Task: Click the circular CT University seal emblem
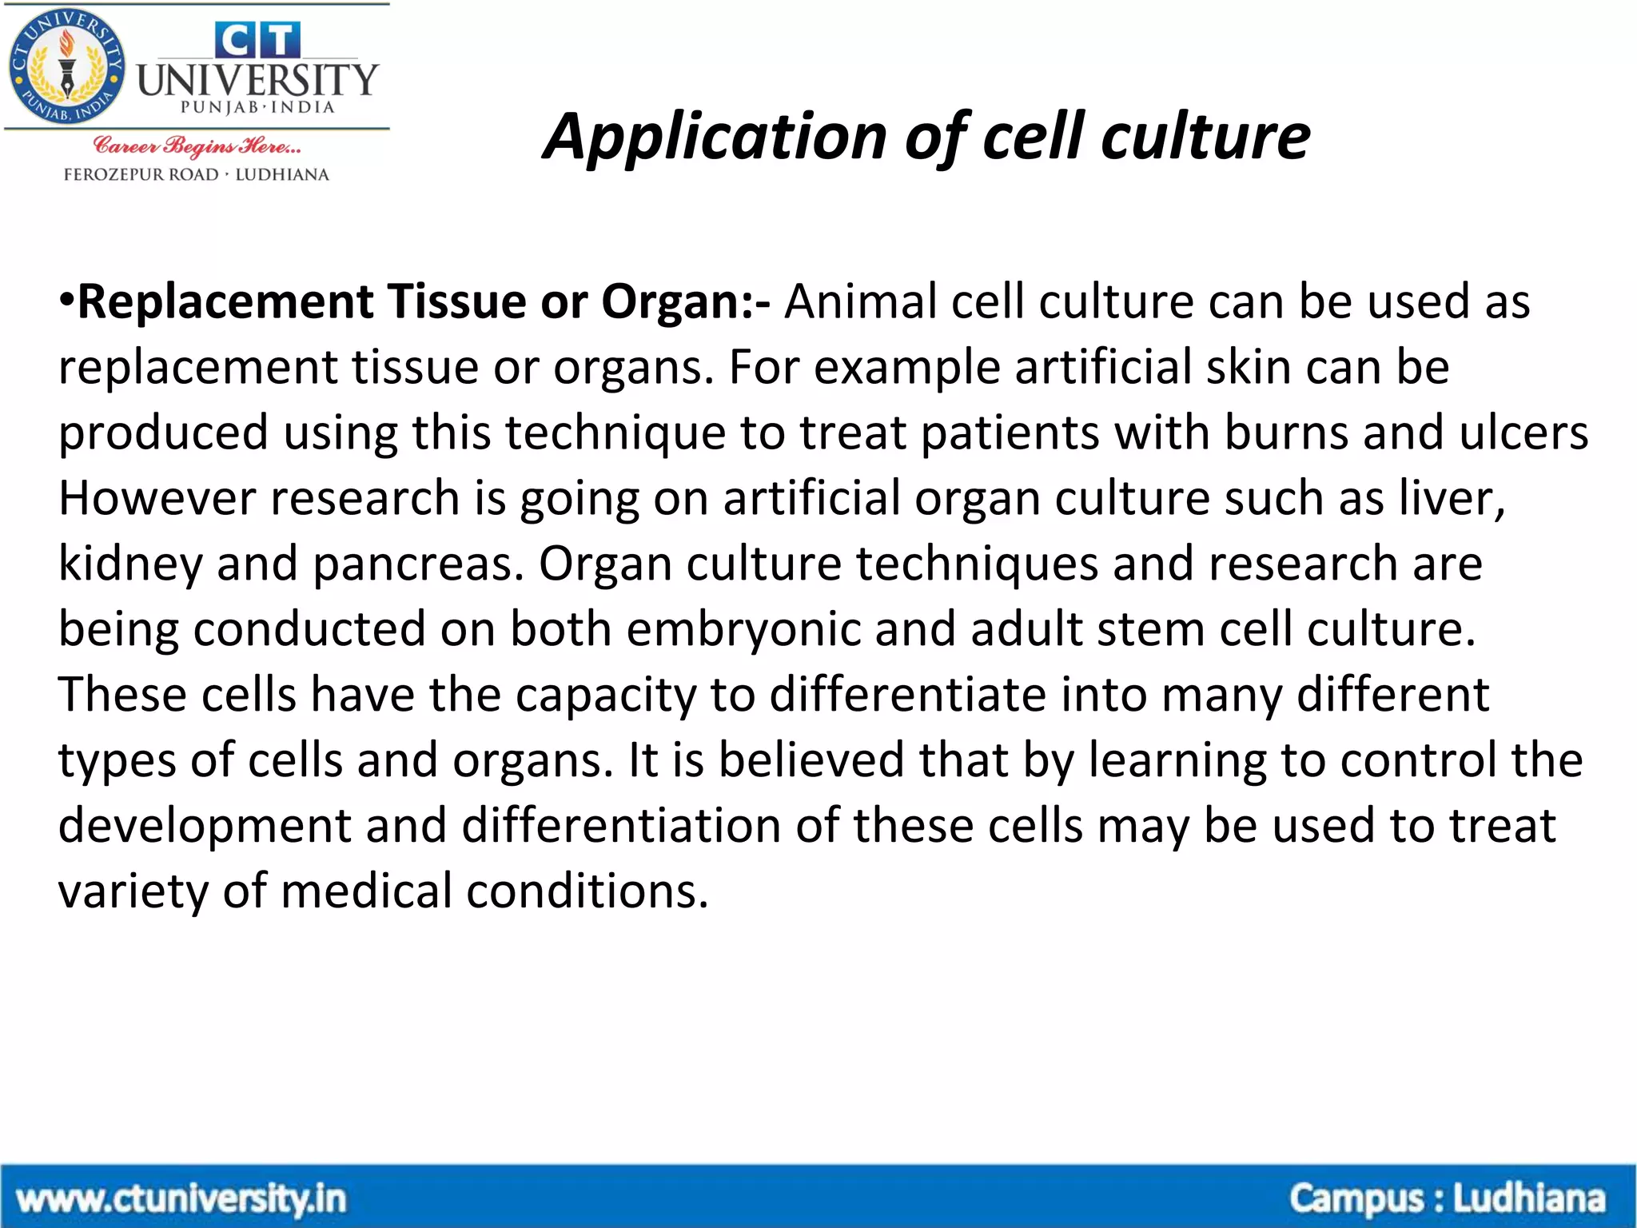point(66,67)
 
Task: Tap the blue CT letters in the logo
point(257,40)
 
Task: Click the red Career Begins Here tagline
point(197,146)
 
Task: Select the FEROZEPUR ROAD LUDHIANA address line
point(197,174)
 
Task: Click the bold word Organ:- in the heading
point(686,303)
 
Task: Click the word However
point(157,499)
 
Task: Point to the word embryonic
point(743,630)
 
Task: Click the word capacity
point(606,696)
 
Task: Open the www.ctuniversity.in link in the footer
point(181,1199)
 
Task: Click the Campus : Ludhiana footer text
point(1447,1199)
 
